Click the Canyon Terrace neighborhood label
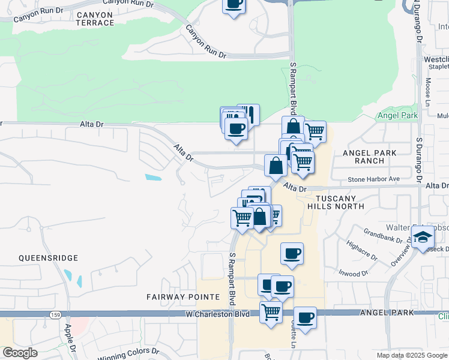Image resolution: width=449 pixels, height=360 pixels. (95, 19)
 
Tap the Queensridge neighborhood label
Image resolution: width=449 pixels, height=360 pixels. (49, 258)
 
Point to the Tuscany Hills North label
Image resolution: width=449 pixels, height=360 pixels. (336, 202)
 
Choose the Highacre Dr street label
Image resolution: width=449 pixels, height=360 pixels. (361, 251)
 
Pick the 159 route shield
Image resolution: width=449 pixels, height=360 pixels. (56, 314)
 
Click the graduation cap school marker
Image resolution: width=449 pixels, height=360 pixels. (423, 237)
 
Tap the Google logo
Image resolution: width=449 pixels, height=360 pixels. (20, 353)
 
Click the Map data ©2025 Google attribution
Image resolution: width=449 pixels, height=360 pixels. (412, 355)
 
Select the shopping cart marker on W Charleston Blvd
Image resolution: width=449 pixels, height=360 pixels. (271, 311)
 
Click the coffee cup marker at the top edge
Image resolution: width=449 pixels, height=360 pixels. (234, 5)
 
